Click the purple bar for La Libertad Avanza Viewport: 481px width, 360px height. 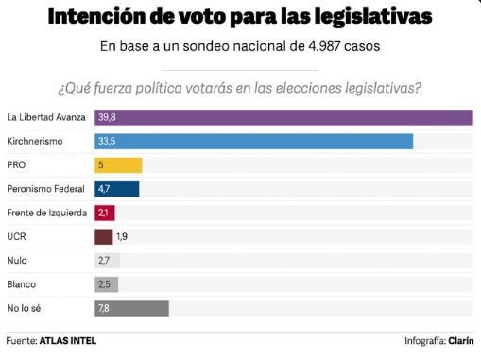click(x=283, y=117)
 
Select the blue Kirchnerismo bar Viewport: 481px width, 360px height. click(x=253, y=142)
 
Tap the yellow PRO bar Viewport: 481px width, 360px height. click(x=118, y=165)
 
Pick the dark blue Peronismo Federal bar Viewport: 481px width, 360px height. click(x=117, y=189)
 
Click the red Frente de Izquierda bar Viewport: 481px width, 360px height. click(x=105, y=213)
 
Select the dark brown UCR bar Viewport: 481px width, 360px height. click(x=103, y=236)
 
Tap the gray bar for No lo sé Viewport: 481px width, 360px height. click(x=131, y=308)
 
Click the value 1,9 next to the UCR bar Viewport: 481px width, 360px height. click(x=122, y=236)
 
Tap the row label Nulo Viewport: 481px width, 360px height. click(x=17, y=260)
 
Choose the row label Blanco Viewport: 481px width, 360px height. click(x=21, y=284)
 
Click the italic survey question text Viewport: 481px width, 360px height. click(x=240, y=90)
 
